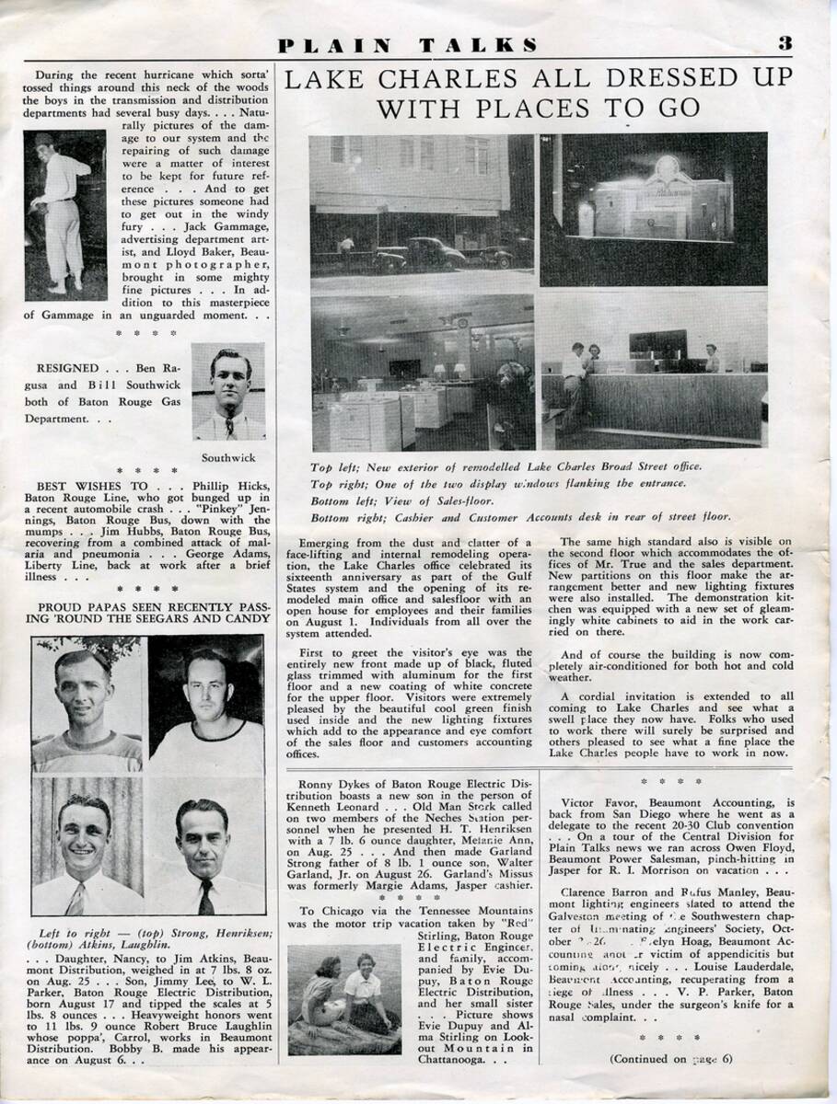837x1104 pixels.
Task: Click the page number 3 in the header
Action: [x=785, y=43]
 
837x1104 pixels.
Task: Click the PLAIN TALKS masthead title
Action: [x=409, y=44]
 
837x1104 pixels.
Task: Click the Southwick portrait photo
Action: [x=228, y=391]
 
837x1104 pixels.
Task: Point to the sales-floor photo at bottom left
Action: [x=422, y=372]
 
